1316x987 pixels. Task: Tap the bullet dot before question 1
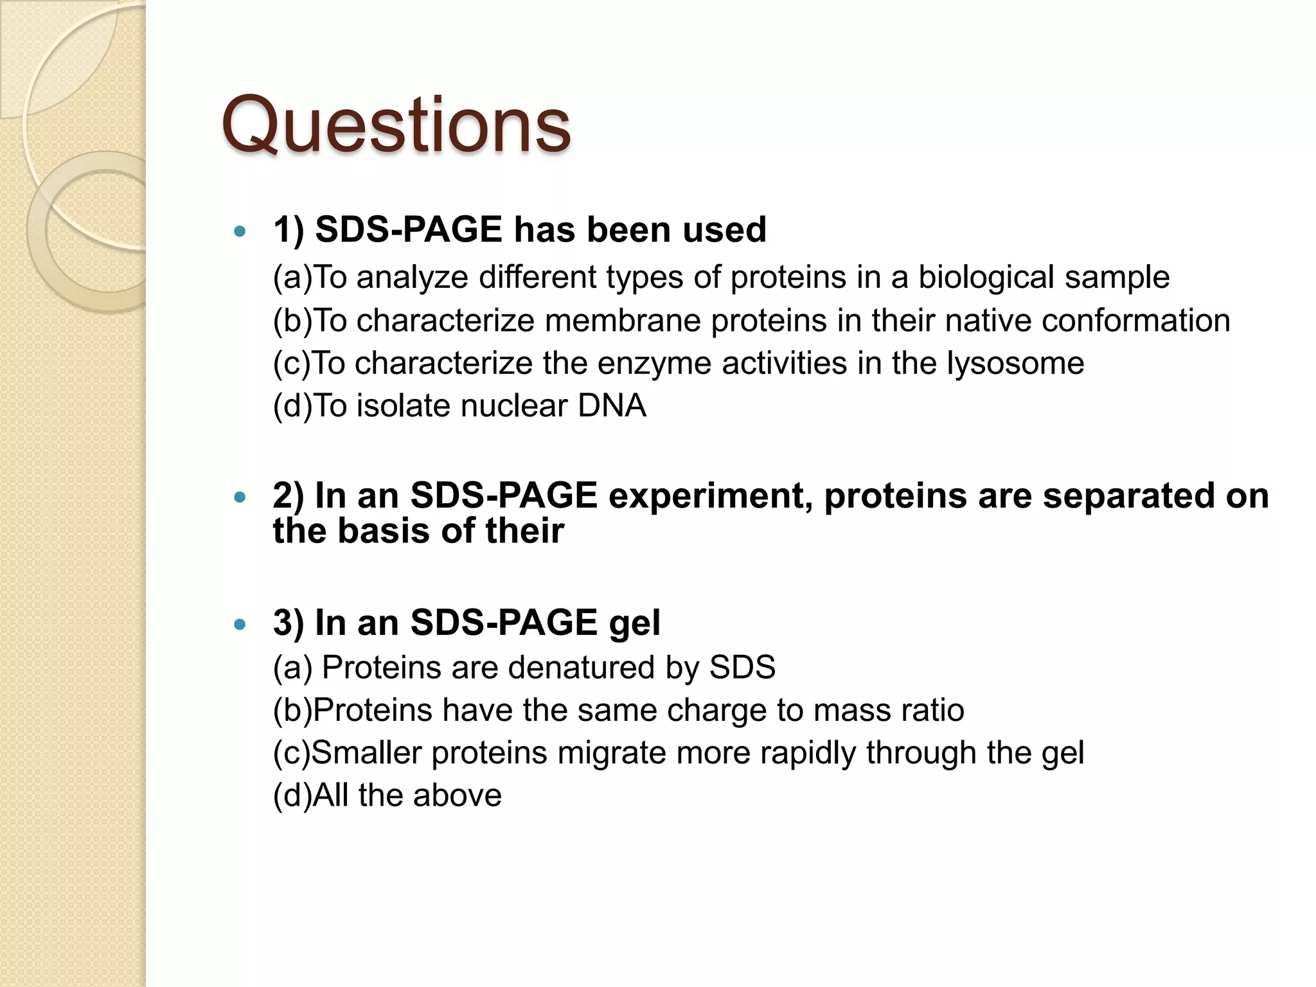240,231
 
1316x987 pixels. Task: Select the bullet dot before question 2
240,497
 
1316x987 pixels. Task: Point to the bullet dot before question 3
240,624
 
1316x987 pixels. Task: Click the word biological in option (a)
986,278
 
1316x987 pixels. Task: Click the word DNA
612,406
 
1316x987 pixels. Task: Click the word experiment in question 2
710,497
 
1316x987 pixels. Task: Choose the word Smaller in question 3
366,753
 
